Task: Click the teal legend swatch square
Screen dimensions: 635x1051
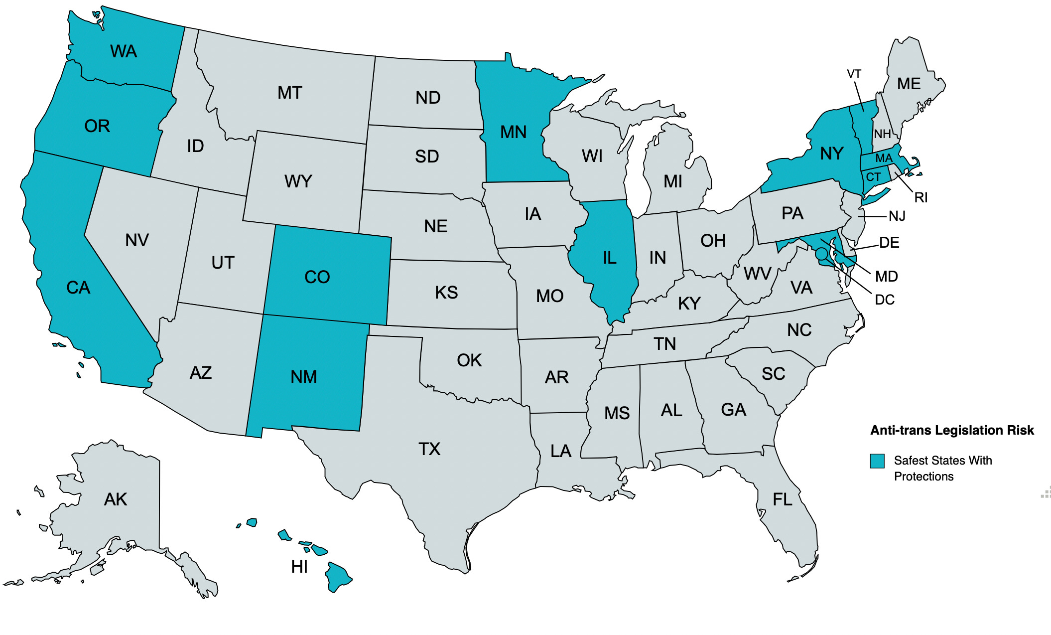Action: tap(877, 461)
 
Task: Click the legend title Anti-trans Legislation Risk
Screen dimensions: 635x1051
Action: tap(952, 430)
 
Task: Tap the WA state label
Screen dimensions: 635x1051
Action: tap(124, 51)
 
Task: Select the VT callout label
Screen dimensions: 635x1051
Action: tap(854, 74)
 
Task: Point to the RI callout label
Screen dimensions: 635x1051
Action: tap(920, 198)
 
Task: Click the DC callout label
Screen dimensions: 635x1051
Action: tap(885, 300)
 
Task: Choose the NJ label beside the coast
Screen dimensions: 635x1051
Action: tap(897, 216)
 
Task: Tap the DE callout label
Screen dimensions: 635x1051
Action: tap(889, 243)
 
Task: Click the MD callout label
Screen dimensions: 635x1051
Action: tap(886, 276)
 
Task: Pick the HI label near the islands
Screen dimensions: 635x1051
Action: tap(299, 567)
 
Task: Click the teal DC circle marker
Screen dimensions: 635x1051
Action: tap(821, 254)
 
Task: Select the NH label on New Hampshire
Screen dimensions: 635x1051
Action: tap(882, 134)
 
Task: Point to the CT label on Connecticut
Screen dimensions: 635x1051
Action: tap(873, 177)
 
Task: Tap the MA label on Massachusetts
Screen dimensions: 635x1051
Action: tap(884, 159)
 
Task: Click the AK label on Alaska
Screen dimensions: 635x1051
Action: tap(116, 499)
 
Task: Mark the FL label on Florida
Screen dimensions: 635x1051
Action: tap(782, 499)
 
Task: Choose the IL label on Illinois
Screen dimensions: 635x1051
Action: tap(610, 258)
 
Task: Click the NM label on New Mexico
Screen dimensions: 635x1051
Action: tap(304, 377)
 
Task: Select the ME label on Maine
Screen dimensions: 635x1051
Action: tap(909, 84)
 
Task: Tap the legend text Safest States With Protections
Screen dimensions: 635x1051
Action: tap(942, 468)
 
